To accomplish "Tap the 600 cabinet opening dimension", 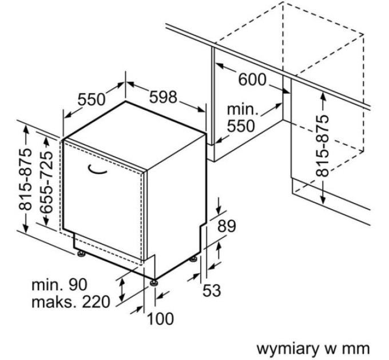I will pyautogui.click(x=252, y=79).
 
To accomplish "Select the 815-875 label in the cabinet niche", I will pyautogui.click(x=323, y=145).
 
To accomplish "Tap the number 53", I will pyautogui.click(x=212, y=290).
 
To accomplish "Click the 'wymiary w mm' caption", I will pyautogui.click(x=313, y=347).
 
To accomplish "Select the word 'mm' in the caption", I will pyautogui.click(x=358, y=347).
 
